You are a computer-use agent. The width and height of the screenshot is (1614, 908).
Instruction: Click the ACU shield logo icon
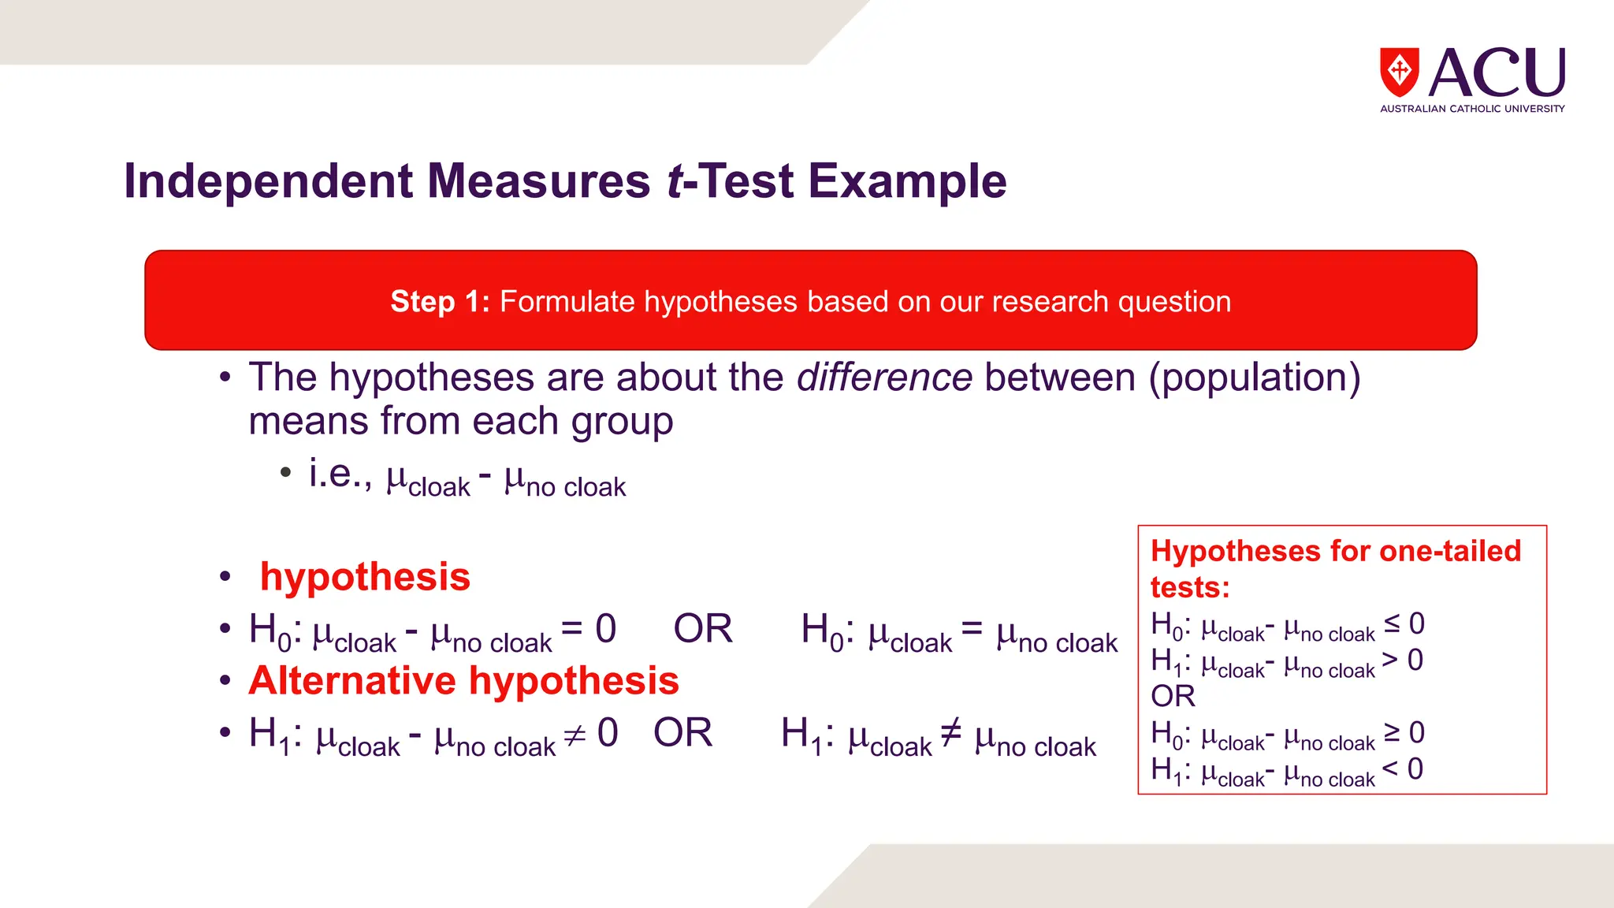coord(1399,72)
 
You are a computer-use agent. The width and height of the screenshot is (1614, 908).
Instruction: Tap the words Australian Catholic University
coord(1472,109)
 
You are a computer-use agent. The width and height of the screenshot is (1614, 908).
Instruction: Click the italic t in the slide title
coord(675,181)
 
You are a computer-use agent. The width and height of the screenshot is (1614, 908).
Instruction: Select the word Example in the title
coord(907,181)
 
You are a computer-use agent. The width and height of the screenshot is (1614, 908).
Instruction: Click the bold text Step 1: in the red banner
coord(440,302)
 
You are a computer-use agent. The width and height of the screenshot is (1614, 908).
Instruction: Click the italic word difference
coord(884,378)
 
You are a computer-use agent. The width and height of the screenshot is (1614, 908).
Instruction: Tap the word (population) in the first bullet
coord(1254,378)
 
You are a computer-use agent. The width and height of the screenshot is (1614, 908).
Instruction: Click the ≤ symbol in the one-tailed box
coord(1393,623)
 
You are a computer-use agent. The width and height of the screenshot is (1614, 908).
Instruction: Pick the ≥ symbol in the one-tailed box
coord(1393,731)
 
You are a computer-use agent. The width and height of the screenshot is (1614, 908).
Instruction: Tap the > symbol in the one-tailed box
coord(1391,659)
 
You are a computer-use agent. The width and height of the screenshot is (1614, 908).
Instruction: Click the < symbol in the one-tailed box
coord(1391,768)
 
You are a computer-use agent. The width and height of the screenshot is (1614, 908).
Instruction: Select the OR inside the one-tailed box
coord(1173,696)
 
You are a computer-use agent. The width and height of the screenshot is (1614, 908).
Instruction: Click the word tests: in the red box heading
coord(1189,588)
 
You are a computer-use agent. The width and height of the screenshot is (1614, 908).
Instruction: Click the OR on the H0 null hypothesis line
coord(703,629)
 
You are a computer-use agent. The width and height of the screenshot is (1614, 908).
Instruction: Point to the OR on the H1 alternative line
coord(682,733)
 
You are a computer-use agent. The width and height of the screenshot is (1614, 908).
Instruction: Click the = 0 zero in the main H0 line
coord(605,629)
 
